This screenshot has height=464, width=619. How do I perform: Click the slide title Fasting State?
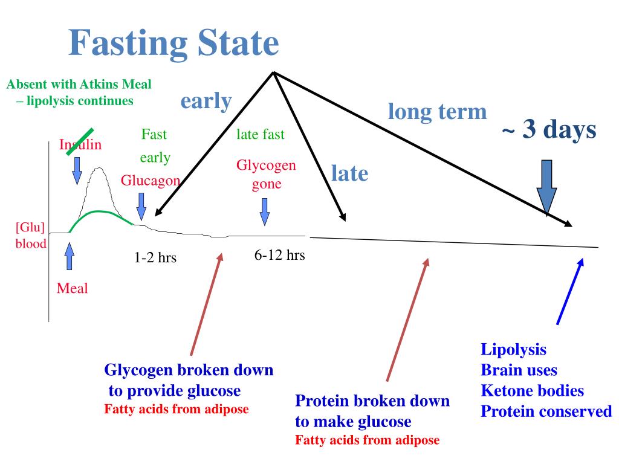(173, 43)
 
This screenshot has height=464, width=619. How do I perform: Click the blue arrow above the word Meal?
(69, 256)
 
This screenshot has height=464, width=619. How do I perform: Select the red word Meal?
(72, 288)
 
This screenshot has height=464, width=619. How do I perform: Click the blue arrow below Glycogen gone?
(265, 211)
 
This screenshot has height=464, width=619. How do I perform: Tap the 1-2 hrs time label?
(155, 257)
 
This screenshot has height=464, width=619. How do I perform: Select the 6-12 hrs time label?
(279, 255)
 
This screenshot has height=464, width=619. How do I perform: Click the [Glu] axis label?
(30, 228)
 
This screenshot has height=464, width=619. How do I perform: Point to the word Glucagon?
(151, 181)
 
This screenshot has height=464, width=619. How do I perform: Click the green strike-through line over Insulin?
(79, 143)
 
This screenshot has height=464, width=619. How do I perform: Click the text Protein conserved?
(546, 412)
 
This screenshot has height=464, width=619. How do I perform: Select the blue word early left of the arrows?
(206, 101)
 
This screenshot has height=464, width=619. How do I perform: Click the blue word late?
(349, 174)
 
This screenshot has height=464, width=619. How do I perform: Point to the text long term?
(437, 111)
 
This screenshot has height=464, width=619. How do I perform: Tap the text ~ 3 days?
(548, 129)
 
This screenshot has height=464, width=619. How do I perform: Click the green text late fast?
(260, 134)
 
